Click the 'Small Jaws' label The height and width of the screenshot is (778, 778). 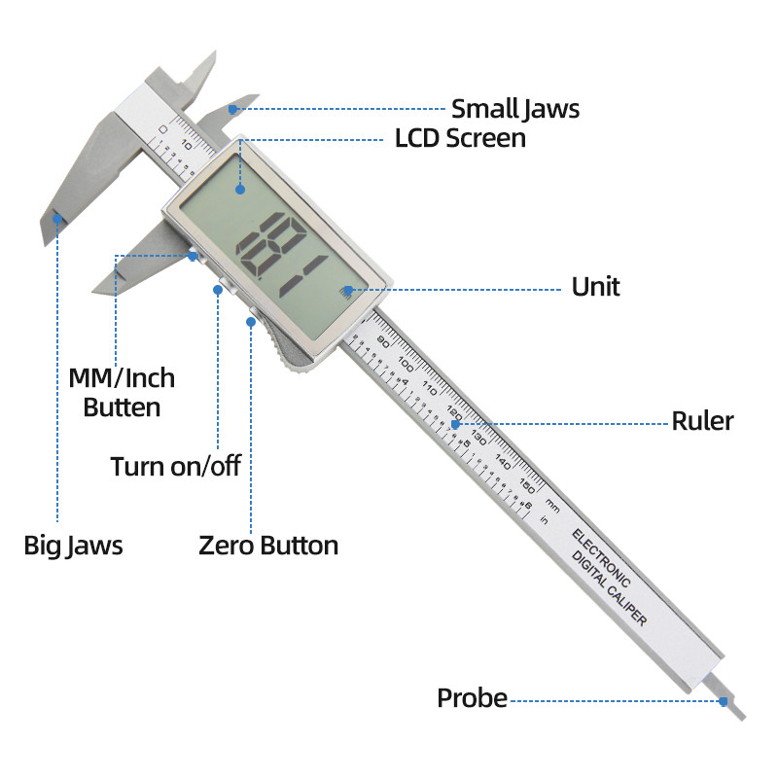514,109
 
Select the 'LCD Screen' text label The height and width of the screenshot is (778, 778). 460,138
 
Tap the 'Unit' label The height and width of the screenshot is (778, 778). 595,287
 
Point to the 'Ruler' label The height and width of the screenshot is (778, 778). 702,421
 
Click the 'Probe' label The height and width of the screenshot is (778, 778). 472,698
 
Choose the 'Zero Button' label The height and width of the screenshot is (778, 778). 268,546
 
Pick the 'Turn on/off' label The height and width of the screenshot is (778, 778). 175,466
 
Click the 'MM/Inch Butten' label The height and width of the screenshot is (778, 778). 122,391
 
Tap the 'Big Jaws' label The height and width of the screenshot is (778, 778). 73,545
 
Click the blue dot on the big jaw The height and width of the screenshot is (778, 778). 57,219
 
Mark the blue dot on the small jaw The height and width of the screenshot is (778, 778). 232,109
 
